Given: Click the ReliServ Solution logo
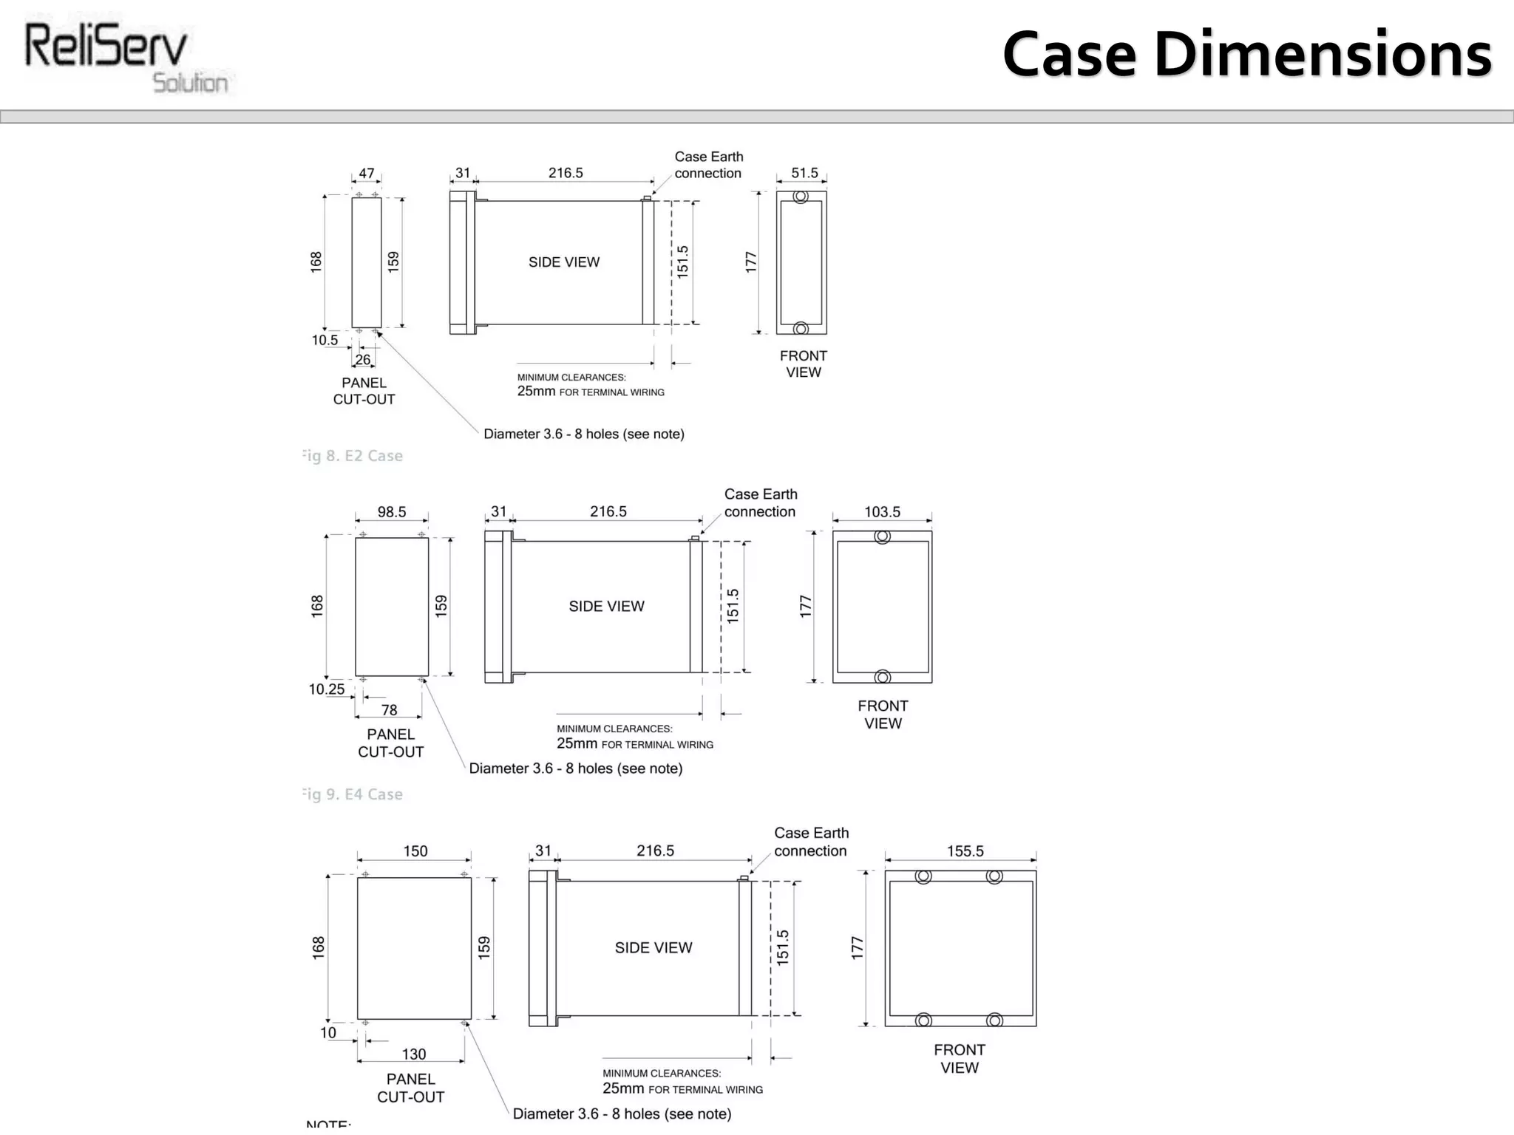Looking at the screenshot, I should (126, 58).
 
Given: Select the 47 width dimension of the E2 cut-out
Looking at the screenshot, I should (367, 173).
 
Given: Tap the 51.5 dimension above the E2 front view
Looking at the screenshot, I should (804, 173).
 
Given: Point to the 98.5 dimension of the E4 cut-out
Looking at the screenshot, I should (392, 511).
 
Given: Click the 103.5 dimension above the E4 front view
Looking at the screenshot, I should (882, 511).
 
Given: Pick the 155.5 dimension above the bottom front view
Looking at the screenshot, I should (965, 851).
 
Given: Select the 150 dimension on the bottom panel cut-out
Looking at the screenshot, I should (415, 851).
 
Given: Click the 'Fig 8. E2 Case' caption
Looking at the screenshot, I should (353, 456).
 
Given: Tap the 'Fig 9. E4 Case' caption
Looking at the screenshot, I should (353, 794).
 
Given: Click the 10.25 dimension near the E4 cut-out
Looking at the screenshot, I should (326, 689).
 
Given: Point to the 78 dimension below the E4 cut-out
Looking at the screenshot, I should (389, 709).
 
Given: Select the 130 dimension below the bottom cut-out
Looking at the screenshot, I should (414, 1054).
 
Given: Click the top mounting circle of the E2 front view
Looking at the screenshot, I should (801, 197).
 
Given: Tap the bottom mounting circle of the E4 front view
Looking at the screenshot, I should (882, 677).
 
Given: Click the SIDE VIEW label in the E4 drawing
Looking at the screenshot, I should (606, 606).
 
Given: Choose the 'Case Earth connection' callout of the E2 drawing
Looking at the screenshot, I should (708, 165).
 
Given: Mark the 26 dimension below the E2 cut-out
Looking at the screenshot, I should (362, 360).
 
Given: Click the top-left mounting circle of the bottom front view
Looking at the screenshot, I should (923, 876).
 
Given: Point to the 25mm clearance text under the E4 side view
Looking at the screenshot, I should (577, 743).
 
